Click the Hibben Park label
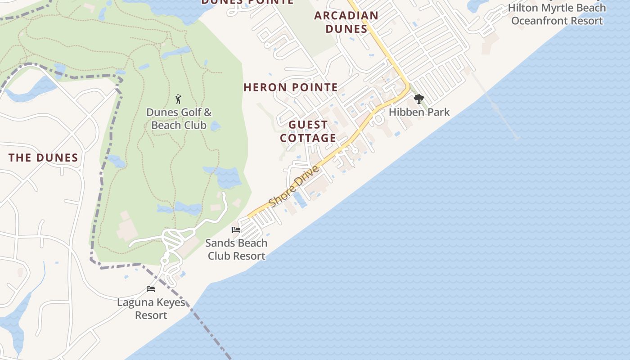pyautogui.click(x=419, y=112)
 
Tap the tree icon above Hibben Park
pyautogui.click(x=419, y=99)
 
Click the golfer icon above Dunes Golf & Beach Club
pyautogui.click(x=178, y=99)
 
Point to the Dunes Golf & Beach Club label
pyautogui.click(x=179, y=119)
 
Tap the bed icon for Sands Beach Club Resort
pyautogui.click(x=236, y=230)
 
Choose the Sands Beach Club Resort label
pyautogui.click(x=236, y=249)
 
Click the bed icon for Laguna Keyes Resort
pyautogui.click(x=151, y=289)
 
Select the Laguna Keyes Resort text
pyautogui.click(x=151, y=309)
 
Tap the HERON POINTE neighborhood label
pyautogui.click(x=291, y=87)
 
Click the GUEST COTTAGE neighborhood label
pyautogui.click(x=308, y=131)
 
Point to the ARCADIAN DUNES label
pyautogui.click(x=346, y=22)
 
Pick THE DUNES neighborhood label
pyautogui.click(x=43, y=157)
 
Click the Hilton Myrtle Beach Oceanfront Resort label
pyautogui.click(x=557, y=14)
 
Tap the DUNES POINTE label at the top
pyautogui.click(x=247, y=2)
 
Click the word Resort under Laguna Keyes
pyautogui.click(x=151, y=315)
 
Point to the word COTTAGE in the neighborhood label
pyautogui.click(x=308, y=138)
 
